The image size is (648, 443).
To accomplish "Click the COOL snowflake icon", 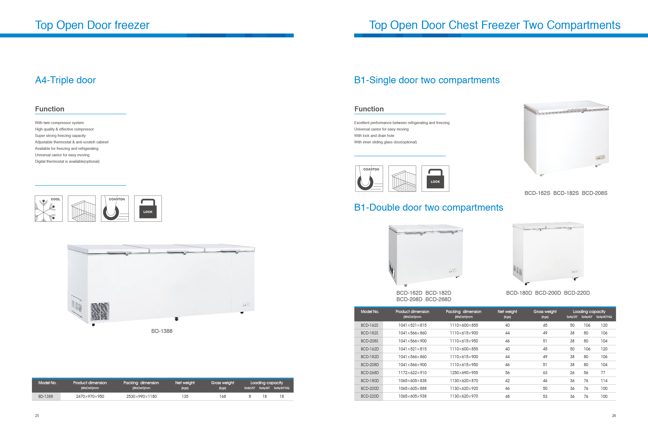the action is (48, 209).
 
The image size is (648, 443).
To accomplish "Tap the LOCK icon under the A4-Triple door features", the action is (148, 209).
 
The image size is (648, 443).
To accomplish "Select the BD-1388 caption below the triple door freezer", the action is (162, 331).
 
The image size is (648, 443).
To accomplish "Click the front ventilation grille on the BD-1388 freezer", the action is (100, 312).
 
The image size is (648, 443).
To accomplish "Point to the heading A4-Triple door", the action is (65, 80).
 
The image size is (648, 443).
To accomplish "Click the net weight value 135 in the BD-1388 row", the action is (185, 396).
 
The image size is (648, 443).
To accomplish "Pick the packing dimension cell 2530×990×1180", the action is (141, 396).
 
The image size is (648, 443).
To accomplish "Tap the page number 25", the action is (37, 416).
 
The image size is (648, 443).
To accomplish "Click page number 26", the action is (614, 416).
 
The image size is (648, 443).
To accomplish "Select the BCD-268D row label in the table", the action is (370, 373).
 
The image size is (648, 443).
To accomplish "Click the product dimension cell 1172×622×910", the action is (412, 373).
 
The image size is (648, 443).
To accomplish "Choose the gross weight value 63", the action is (545, 373).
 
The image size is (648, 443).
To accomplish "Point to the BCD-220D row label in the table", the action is (370, 396).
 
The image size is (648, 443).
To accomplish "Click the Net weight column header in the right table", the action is (507, 312).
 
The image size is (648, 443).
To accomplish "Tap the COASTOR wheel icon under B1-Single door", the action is (369, 179).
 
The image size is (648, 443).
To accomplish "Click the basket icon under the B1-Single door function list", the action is (402, 179).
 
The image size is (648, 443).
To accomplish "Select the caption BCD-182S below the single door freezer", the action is (566, 193).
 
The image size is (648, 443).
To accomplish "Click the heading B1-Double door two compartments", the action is (429, 208).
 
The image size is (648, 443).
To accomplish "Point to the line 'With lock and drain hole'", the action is (374, 136).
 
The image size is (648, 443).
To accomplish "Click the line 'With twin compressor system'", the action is (59, 123).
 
